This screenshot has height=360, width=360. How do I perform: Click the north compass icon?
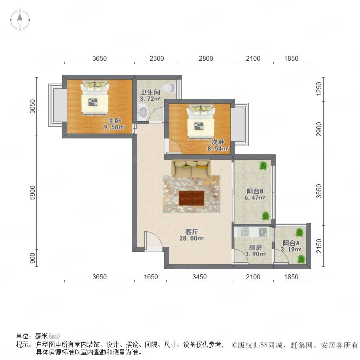click(20, 20)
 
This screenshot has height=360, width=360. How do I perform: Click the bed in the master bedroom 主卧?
click(94, 97)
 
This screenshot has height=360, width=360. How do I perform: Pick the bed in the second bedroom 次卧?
click(201, 122)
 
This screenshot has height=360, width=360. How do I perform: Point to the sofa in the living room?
click(191, 168)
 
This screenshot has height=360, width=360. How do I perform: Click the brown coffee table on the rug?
click(192, 198)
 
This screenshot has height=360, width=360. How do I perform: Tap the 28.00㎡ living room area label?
click(192, 238)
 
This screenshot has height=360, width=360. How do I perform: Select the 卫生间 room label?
click(150, 92)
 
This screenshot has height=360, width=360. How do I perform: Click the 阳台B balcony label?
click(255, 191)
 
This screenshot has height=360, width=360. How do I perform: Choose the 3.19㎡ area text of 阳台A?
click(291, 249)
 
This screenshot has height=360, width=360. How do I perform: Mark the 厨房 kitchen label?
click(255, 248)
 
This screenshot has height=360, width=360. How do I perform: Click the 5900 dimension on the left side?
click(33, 193)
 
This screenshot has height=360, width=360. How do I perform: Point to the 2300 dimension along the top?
click(156, 58)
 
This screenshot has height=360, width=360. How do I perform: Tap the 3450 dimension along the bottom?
click(200, 277)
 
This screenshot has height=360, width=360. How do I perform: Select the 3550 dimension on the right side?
click(319, 191)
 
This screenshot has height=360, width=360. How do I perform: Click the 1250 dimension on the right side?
click(319, 89)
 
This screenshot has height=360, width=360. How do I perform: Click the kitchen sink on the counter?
click(244, 232)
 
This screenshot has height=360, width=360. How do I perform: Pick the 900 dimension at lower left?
click(33, 258)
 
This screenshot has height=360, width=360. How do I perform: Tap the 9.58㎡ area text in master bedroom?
click(114, 127)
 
